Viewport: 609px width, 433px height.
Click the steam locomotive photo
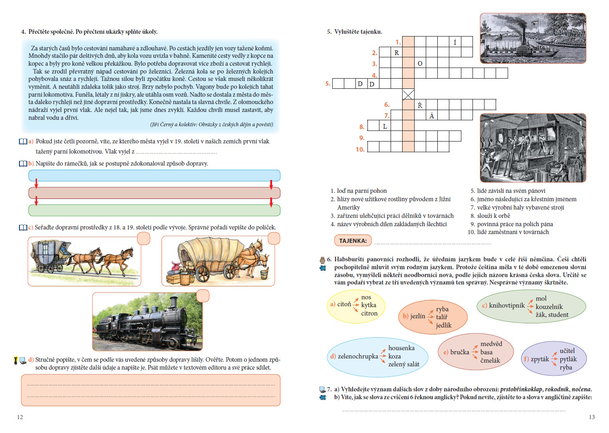pyautogui.click(x=147, y=322)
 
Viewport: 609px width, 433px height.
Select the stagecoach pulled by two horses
pyautogui.click(x=83, y=260)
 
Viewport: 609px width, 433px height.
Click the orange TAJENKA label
pyautogui.click(x=353, y=241)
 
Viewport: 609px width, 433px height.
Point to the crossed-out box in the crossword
pyautogui.click(x=408, y=94)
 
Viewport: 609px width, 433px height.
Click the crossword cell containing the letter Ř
pyautogui.click(x=420, y=105)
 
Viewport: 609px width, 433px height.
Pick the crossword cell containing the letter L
pyautogui.click(x=385, y=126)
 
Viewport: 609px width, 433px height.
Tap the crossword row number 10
pyautogui.click(x=360, y=149)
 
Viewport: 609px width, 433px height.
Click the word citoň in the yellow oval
pyautogui.click(x=344, y=304)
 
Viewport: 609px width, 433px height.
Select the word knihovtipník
pyautogui.click(x=507, y=305)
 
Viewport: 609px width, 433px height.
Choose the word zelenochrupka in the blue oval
pyautogui.click(x=358, y=356)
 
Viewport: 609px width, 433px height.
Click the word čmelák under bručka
pyautogui.click(x=490, y=360)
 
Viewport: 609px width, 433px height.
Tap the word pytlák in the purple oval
pyautogui.click(x=568, y=359)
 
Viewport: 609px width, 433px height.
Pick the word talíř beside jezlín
pyautogui.click(x=441, y=317)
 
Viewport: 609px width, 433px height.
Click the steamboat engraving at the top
pyautogui.click(x=533, y=38)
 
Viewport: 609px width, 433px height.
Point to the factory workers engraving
pyautogui.click(x=533, y=148)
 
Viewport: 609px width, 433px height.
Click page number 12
pyautogui.click(x=20, y=417)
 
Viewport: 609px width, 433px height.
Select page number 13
pyautogui.click(x=591, y=417)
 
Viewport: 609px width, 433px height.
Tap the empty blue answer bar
pyautogui.click(x=154, y=175)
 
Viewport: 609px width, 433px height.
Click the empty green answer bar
pyautogui.click(x=154, y=210)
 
